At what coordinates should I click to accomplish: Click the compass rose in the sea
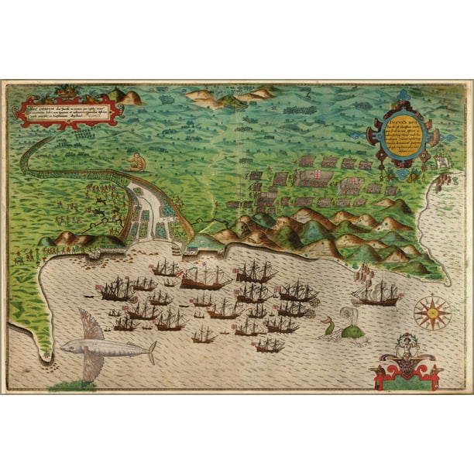click(x=431, y=313)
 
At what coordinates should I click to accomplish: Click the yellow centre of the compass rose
click(x=431, y=313)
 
